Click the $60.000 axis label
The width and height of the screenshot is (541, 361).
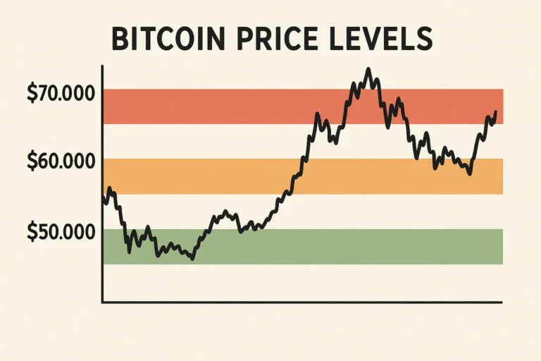click(x=61, y=161)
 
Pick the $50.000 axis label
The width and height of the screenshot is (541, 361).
click(x=61, y=231)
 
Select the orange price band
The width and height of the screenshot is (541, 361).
click(x=211, y=176)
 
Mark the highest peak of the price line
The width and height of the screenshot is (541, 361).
click(x=368, y=69)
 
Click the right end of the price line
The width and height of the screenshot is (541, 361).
click(x=496, y=112)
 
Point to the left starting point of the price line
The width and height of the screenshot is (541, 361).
click(x=104, y=194)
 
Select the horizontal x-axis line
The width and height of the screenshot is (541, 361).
click(x=303, y=302)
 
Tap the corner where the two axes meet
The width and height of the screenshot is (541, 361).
click(x=103, y=302)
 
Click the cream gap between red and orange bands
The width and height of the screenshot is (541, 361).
click(x=211, y=141)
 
